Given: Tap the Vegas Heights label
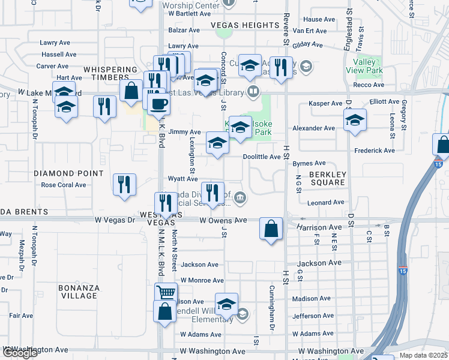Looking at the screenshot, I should (x=244, y=25).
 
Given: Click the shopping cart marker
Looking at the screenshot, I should (x=166, y=293).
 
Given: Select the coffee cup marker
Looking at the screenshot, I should (x=158, y=104).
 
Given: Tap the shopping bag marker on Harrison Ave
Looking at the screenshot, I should (x=271, y=229).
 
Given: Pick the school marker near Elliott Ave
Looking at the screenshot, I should (x=355, y=119).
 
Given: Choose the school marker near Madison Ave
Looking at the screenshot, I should (x=226, y=304).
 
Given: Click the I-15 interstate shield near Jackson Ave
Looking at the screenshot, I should (x=402, y=271).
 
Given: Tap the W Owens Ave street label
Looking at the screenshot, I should (x=223, y=220).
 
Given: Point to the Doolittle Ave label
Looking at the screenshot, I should (x=262, y=157).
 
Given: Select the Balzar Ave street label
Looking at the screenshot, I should (x=184, y=29).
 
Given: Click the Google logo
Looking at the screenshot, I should (x=20, y=353).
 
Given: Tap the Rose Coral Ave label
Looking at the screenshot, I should (x=64, y=185).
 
